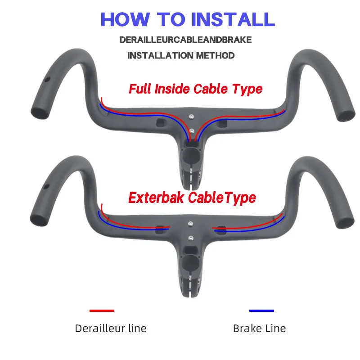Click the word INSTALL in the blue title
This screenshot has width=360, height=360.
point(233,19)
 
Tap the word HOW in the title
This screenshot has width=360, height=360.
point(126,19)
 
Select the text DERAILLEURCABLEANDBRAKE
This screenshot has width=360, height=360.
point(185,40)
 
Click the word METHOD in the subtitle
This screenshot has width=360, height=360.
point(215,55)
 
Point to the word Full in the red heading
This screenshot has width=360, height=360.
point(140,89)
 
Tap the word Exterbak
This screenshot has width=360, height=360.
point(156,198)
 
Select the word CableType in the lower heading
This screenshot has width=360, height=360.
point(222,198)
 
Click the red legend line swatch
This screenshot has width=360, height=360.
point(102,310)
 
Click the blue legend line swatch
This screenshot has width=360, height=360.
point(261,310)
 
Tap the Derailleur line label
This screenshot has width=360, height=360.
point(111,328)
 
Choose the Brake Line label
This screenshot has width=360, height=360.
point(260,328)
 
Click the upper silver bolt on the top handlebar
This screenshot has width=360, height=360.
point(191,117)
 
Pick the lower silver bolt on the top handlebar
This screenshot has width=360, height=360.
point(192,131)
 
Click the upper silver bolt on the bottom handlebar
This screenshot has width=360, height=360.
point(190,224)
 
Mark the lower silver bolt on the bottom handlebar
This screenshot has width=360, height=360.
point(191,238)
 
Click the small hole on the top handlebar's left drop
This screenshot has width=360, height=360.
point(47,80)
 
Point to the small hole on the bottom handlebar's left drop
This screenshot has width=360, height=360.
point(46,186)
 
